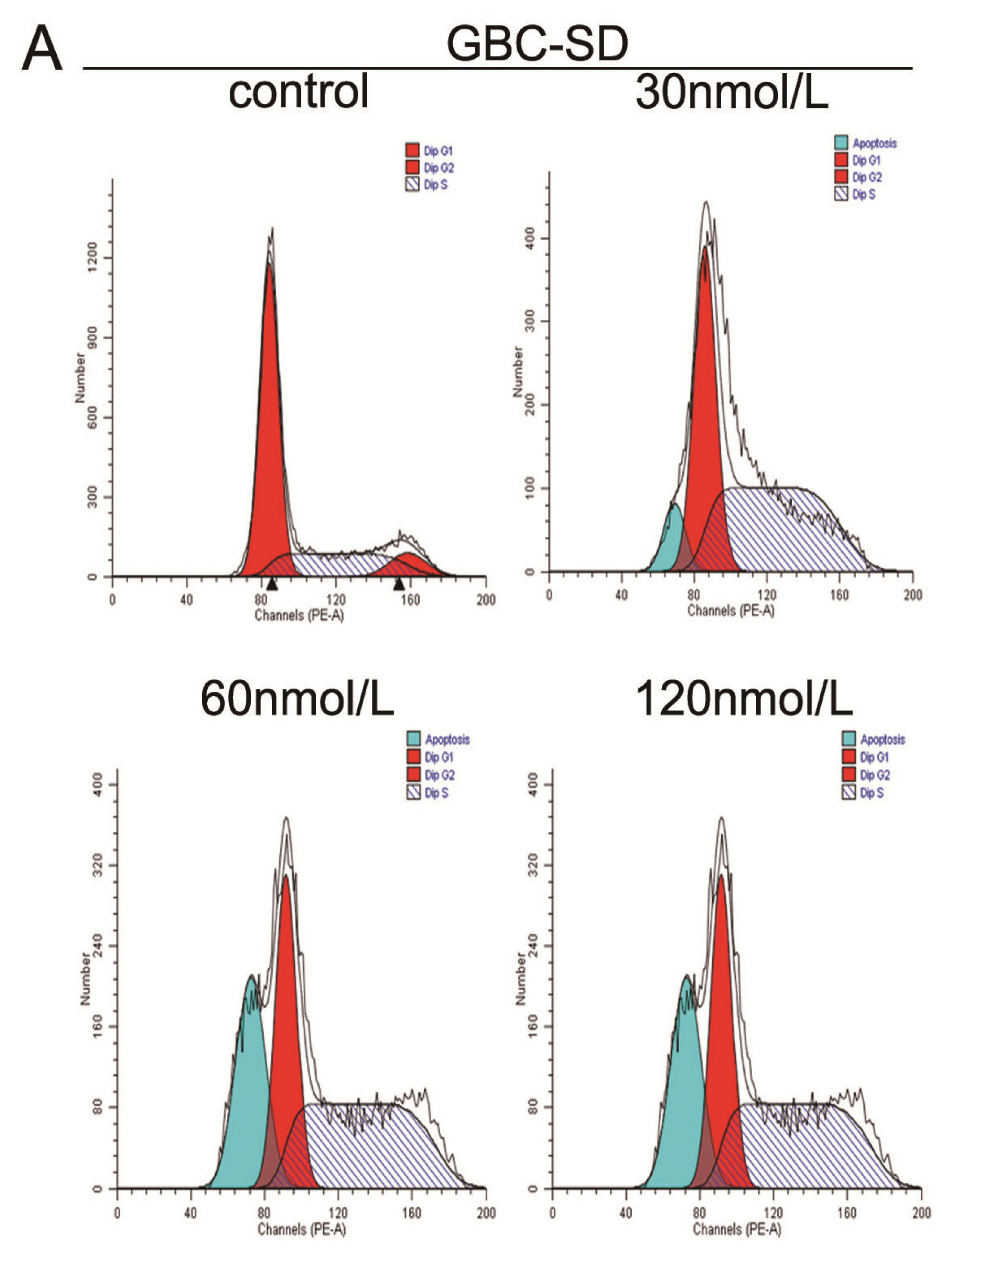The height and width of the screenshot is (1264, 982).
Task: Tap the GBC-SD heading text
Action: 537,45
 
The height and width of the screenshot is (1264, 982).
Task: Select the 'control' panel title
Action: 298,91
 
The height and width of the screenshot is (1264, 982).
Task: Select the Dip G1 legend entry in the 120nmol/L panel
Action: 866,757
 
